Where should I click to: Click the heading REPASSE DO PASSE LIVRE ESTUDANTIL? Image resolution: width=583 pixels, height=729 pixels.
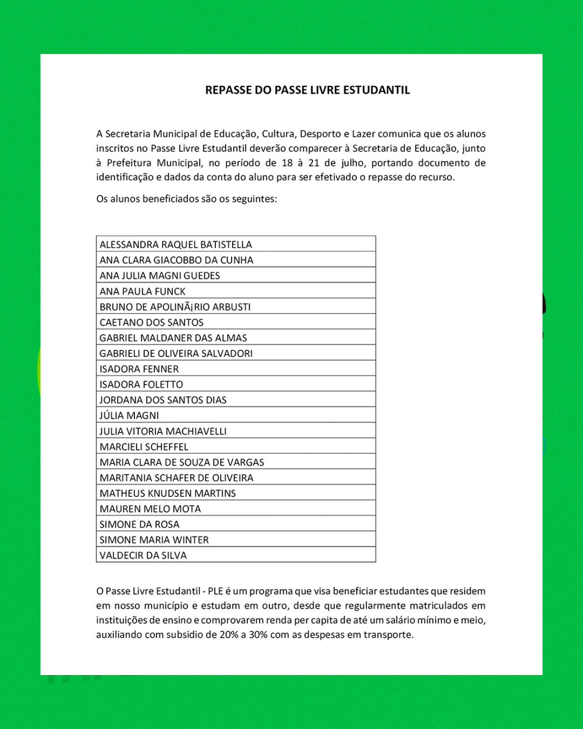307,90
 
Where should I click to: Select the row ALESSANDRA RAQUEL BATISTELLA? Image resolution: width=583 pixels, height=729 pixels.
176,244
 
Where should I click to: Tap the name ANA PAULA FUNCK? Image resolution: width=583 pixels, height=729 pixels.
142,292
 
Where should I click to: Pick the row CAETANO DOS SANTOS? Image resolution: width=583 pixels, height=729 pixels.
151,323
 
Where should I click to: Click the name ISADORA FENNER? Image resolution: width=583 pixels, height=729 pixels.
139,369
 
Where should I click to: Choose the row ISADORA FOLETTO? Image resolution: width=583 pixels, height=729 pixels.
141,385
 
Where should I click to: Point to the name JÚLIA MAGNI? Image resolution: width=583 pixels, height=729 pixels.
129,416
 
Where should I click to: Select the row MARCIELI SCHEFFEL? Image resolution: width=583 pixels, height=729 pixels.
144,447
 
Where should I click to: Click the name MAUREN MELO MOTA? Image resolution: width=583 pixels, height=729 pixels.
150,509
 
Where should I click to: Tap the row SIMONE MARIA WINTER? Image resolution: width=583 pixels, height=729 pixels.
154,540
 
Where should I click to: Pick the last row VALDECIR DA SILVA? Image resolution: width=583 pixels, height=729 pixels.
143,555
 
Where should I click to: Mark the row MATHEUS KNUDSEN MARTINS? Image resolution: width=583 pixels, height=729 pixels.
167,493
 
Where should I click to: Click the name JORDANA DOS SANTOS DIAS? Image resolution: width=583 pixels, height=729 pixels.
163,400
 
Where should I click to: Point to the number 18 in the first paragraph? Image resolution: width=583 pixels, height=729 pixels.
287,163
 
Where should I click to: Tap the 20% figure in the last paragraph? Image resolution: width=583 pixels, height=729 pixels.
229,635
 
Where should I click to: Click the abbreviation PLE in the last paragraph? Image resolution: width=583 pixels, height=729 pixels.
215,592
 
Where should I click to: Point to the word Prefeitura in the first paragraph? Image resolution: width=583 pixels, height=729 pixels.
130,163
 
